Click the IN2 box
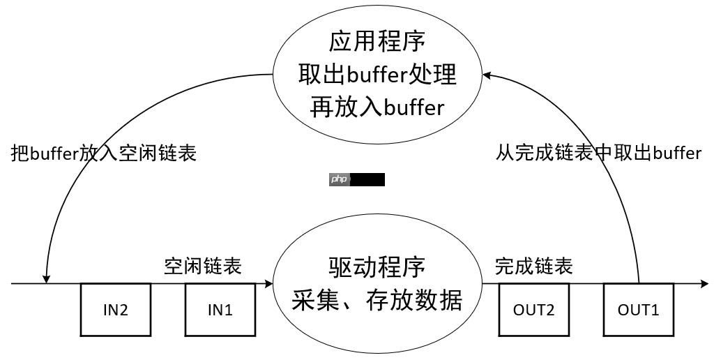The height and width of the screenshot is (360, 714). [116, 309]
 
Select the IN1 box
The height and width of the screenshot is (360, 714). [220, 309]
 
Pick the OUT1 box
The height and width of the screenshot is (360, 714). [638, 309]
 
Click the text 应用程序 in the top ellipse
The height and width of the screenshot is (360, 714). [377, 43]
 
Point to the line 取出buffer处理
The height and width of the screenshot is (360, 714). [377, 75]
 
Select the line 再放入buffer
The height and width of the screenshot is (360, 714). [377, 107]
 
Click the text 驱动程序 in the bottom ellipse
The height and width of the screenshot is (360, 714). [377, 267]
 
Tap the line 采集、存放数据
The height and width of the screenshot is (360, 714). [377, 300]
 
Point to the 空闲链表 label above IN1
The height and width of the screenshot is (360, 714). [203, 267]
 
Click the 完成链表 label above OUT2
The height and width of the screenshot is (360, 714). [534, 267]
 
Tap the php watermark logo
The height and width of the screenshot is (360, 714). [339, 179]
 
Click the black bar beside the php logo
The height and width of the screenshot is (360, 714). [367, 179]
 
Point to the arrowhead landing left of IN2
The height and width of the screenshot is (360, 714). [47, 278]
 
